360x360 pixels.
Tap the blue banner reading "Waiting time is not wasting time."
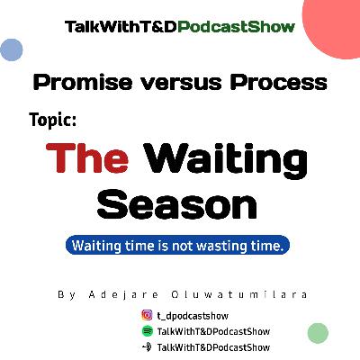click(x=180, y=244)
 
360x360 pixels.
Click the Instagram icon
click(x=147, y=315)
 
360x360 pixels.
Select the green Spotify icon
click(x=147, y=330)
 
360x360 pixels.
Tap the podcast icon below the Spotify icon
click(x=147, y=346)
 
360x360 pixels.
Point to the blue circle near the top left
click(x=11, y=49)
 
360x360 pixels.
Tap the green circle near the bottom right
click(x=317, y=333)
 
